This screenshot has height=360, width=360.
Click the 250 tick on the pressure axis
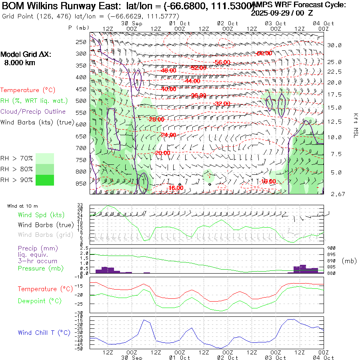click(81, 42)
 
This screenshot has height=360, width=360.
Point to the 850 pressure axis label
click(81, 184)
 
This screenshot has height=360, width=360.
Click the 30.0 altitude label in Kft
click(334, 45)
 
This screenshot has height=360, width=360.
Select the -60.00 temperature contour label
click(264, 53)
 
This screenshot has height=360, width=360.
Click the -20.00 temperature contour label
click(162, 153)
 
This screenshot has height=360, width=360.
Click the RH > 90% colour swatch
click(45, 180)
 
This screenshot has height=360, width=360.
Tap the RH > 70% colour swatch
click(45, 158)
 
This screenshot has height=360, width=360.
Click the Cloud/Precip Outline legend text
click(33, 112)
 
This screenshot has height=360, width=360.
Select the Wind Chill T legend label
click(44, 332)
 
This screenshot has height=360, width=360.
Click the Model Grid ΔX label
click(26, 54)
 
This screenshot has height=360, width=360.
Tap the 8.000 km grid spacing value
click(20, 62)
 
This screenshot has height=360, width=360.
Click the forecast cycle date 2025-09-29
click(271, 12)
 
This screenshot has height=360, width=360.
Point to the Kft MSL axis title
click(355, 126)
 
